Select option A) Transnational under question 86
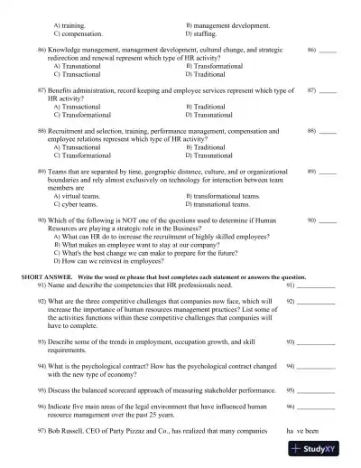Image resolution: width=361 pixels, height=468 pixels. coord(80,66)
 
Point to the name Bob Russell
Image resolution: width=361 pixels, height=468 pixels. coord(67,430)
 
